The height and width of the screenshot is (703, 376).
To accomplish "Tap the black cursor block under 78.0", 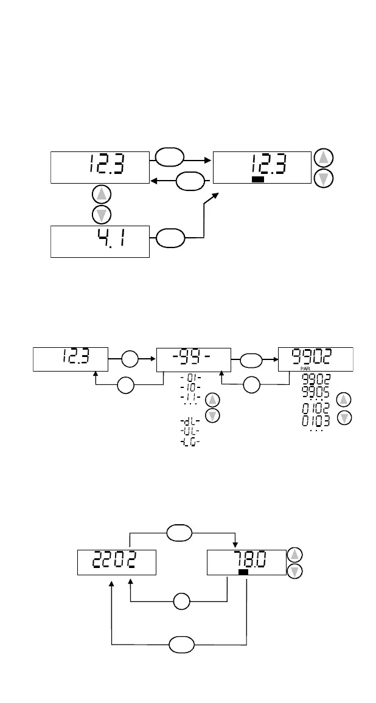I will tap(243, 572).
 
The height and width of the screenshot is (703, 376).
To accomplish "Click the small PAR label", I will tap(305, 369).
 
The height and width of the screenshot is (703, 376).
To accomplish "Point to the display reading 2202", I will tap(116, 562).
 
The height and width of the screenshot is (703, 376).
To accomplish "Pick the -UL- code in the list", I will tap(190, 431).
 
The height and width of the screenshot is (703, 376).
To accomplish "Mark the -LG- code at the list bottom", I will tap(190, 442).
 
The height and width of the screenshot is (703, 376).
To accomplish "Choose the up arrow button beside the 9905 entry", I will tap(344, 399).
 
